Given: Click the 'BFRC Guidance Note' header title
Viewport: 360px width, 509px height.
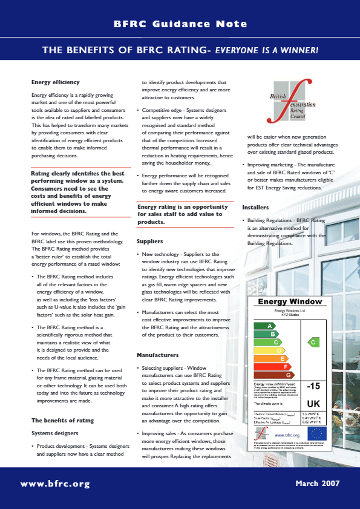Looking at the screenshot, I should [x=180, y=24].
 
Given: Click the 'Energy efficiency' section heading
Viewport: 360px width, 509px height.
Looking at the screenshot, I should [x=55, y=82].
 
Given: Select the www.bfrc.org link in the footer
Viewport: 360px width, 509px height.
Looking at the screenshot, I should [x=55, y=484].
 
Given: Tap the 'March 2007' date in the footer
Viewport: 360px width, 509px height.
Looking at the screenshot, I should [x=318, y=484].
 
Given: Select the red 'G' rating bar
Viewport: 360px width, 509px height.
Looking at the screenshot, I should [x=280, y=375].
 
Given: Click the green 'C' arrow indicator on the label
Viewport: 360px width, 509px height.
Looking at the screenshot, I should [x=313, y=342].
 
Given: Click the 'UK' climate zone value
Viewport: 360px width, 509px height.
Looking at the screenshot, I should [x=314, y=402].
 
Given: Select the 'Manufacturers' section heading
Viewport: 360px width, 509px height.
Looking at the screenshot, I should [x=157, y=355].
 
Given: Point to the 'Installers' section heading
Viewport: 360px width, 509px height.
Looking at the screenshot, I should [x=255, y=208].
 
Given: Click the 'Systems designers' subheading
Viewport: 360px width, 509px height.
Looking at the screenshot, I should [x=55, y=433].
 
